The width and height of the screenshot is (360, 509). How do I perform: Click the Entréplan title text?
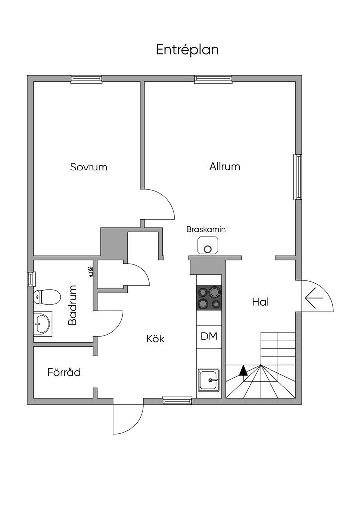point(187,50)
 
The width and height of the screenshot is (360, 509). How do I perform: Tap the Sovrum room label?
point(89,167)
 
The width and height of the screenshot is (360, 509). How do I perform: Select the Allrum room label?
point(225,166)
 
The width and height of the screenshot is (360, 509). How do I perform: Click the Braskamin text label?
point(206,230)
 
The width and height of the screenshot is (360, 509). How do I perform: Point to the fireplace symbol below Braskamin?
point(207,245)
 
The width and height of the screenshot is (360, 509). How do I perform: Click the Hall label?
point(261,302)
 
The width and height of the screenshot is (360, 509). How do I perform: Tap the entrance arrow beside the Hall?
point(314,298)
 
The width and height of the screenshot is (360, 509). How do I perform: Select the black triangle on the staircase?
point(243,370)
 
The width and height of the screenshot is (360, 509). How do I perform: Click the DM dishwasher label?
point(209,337)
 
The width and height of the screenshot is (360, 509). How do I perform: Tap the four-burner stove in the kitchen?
point(209,298)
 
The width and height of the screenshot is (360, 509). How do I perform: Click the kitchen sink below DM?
point(209,381)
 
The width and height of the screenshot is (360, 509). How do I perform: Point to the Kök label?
point(155,339)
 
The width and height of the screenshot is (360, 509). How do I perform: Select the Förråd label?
point(64,372)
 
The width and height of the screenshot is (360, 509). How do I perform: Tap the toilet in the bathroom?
point(45,298)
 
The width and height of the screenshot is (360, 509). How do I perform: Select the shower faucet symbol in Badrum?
point(90,271)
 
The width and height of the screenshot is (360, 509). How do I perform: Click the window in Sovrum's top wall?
point(86,79)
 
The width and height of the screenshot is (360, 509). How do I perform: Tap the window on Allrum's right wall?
point(297,177)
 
